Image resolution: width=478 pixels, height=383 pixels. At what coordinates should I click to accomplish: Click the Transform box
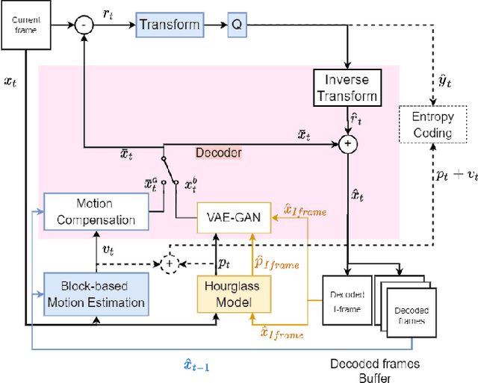pyautogui.click(x=170, y=24)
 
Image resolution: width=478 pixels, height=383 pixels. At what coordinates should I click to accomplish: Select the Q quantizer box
pyautogui.click(x=236, y=25)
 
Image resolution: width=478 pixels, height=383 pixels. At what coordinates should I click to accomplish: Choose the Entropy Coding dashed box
pyautogui.click(x=435, y=125)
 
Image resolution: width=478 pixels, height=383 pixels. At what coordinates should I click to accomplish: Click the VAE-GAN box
pyautogui.click(x=233, y=219)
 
